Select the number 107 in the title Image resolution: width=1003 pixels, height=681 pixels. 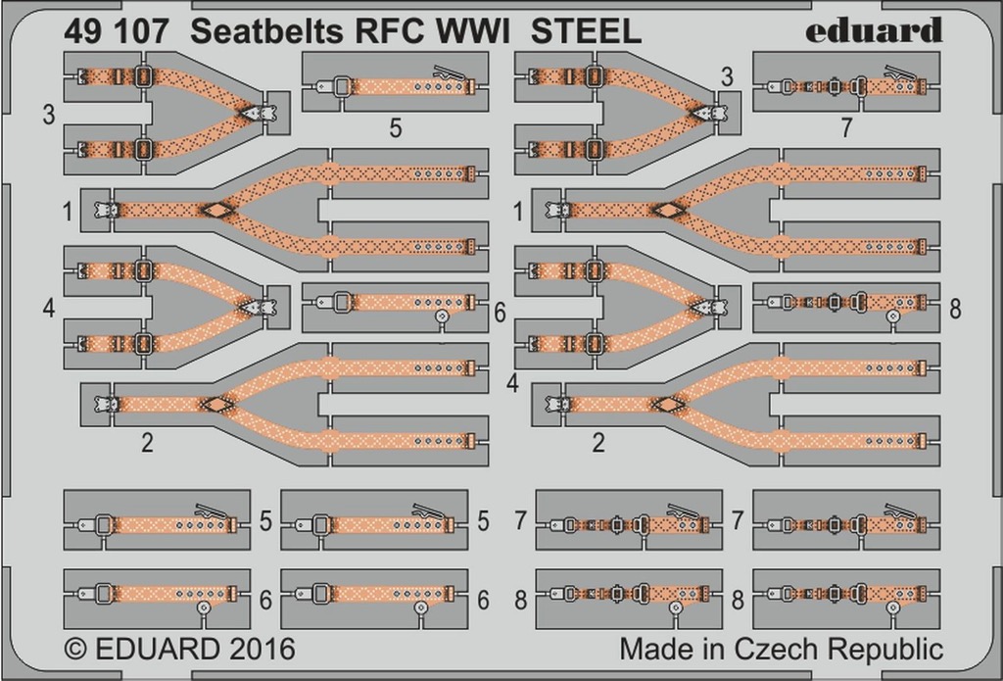pos(142,31)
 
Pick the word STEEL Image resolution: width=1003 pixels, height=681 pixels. pos(586,31)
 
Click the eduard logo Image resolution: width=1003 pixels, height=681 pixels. pos(873,30)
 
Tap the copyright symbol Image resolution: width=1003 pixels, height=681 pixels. pos(75,649)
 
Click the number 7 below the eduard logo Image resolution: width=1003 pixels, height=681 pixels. pos(846,128)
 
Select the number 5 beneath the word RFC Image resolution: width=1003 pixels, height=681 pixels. pos(396,128)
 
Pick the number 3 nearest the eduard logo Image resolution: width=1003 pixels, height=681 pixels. pos(727,77)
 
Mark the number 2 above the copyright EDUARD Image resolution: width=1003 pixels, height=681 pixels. pos(147,442)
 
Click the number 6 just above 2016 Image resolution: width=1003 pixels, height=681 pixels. pos(264,600)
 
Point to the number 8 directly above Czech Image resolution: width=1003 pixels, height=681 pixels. pos(738,600)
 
